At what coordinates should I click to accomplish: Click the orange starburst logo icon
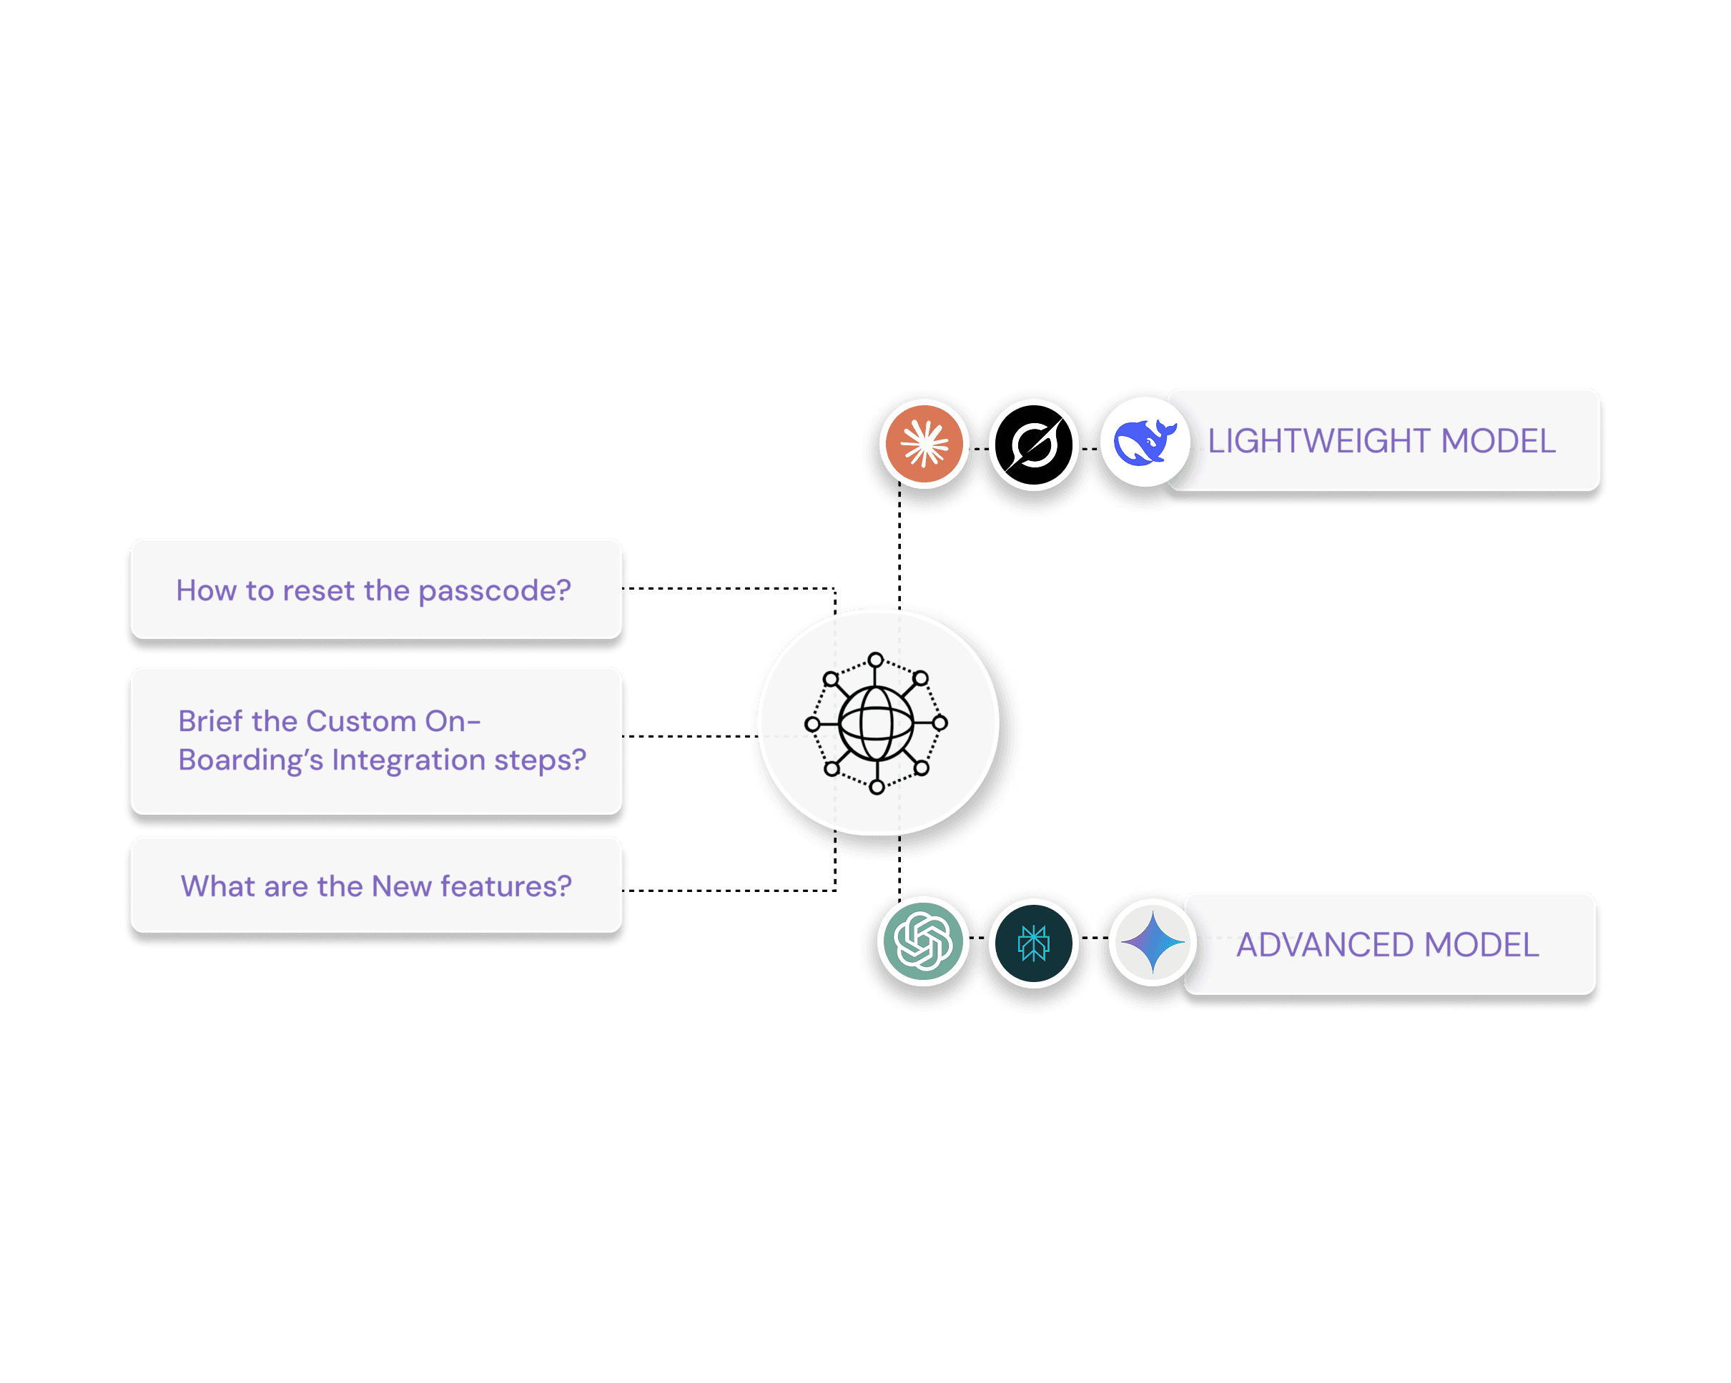coord(924,443)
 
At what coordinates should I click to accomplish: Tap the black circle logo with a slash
coord(1033,444)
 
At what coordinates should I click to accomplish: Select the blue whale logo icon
coord(1144,442)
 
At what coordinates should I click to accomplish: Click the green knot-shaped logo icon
coord(923,941)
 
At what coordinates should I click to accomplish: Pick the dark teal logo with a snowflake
coord(1033,942)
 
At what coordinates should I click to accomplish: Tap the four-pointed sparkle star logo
coord(1152,942)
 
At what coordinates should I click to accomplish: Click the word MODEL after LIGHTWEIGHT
coord(1498,441)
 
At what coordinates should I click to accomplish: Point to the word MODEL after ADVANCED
coord(1481,945)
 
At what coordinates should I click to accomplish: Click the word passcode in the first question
coord(495,591)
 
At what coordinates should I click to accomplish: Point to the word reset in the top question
coord(320,591)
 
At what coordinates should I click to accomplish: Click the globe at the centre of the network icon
coord(876,723)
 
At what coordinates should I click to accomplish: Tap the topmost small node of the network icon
coord(876,660)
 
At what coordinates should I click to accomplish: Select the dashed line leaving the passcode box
coord(723,588)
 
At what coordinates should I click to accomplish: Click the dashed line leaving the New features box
coord(723,890)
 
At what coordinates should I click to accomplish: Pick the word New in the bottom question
coord(401,886)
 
